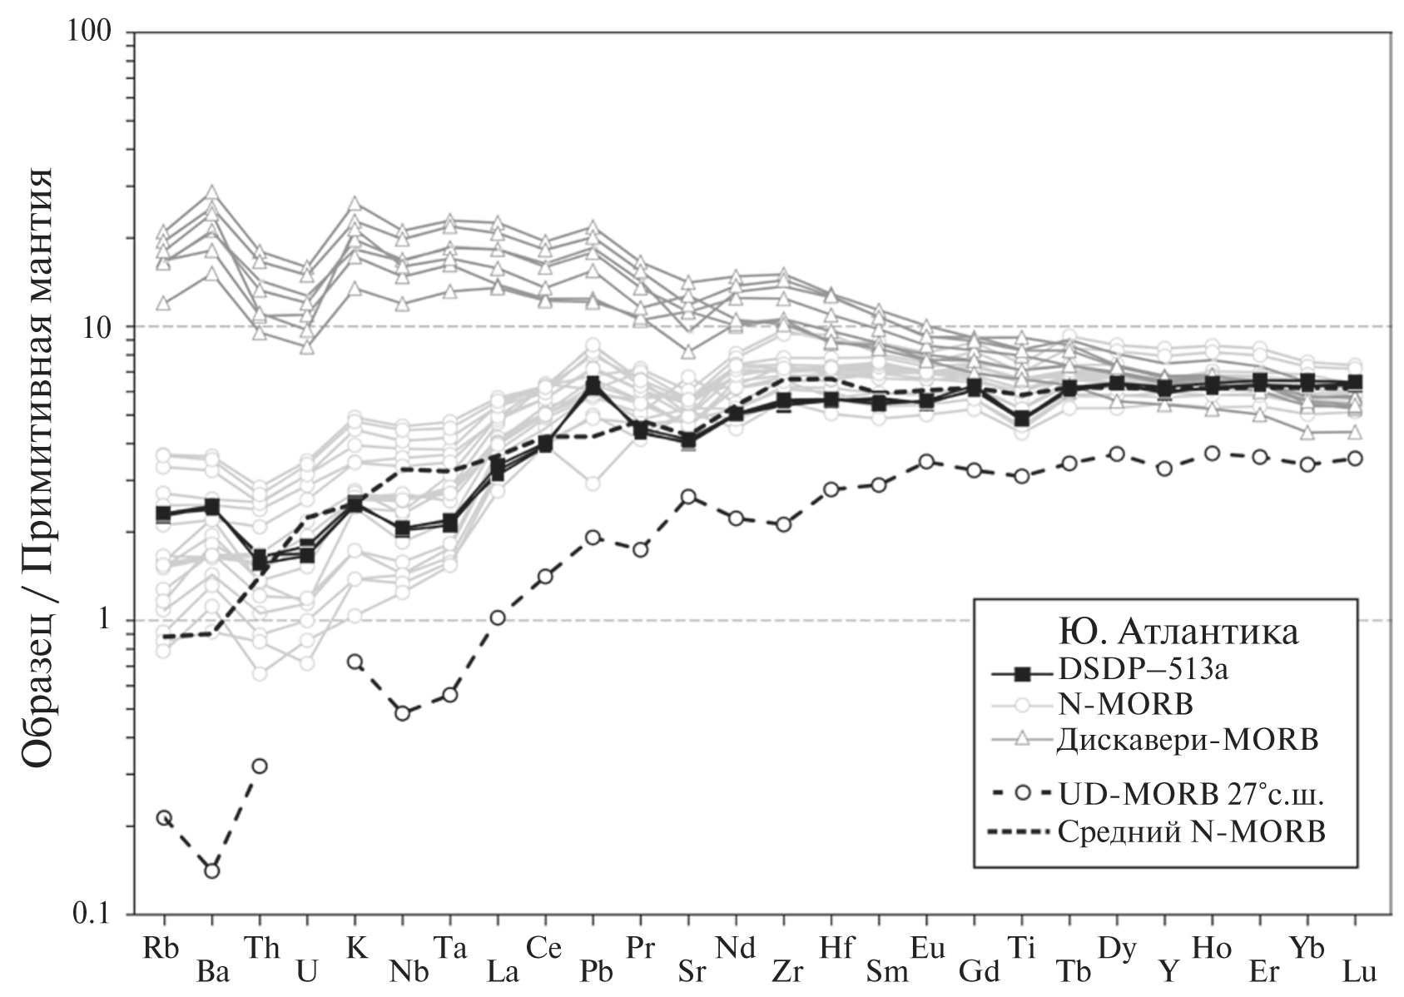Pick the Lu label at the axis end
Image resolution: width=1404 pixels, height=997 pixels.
click(x=1360, y=971)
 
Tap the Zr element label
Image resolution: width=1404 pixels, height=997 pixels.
click(x=787, y=971)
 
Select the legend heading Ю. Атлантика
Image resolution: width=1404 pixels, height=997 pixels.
click(x=1178, y=632)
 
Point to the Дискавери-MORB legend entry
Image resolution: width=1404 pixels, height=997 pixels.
click(x=1188, y=739)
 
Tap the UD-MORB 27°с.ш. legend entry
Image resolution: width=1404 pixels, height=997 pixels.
click(x=1191, y=794)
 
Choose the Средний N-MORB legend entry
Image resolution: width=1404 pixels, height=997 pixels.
click(x=1191, y=831)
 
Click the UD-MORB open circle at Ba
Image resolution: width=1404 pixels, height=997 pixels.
click(x=211, y=871)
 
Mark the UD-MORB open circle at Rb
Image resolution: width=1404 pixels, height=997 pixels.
click(x=164, y=818)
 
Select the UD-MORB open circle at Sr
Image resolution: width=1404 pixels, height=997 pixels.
click(x=688, y=497)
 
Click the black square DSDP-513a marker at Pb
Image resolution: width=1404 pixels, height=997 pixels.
click(x=593, y=385)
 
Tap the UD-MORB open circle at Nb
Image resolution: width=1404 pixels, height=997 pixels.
click(x=403, y=713)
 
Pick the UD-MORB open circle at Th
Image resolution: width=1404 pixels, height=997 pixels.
click(x=260, y=766)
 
